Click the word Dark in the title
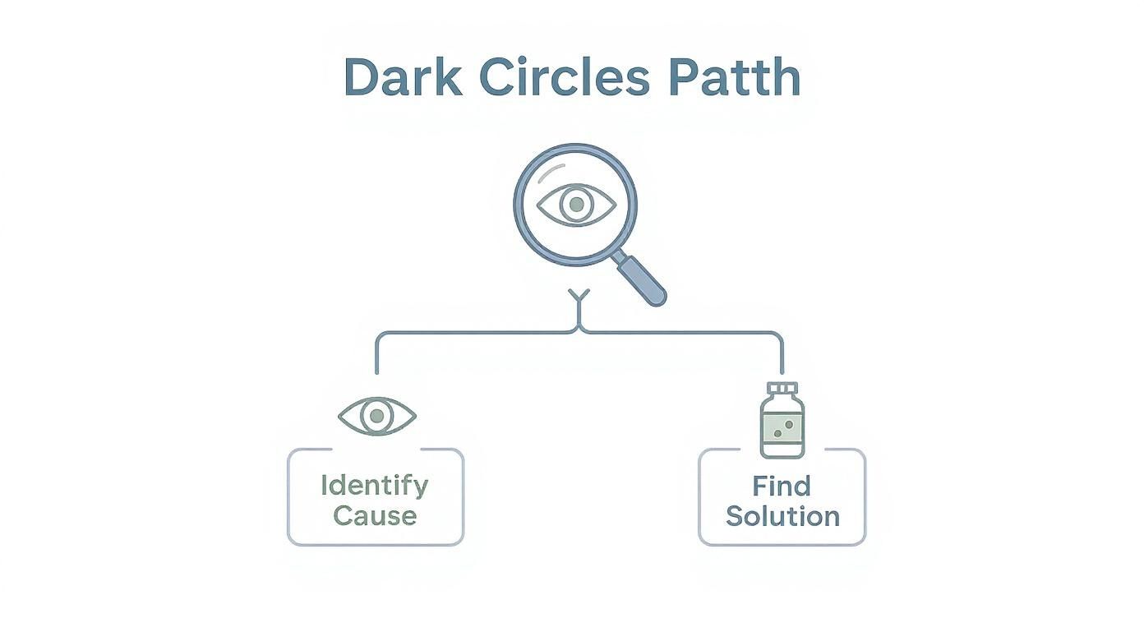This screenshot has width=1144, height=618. coord(401,78)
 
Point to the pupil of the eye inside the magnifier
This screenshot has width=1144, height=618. coord(576,203)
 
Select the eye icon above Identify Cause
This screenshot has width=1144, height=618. coord(376,416)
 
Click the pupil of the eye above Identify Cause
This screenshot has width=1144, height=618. coord(376,416)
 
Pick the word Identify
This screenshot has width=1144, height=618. coord(375,485)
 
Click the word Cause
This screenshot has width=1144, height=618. coord(375,516)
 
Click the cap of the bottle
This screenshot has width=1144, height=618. coord(782,388)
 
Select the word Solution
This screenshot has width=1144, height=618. coord(782,516)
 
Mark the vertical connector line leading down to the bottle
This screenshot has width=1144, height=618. coord(782,353)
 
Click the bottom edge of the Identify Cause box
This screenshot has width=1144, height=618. coord(375,544)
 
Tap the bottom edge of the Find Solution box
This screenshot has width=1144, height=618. coord(782,544)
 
